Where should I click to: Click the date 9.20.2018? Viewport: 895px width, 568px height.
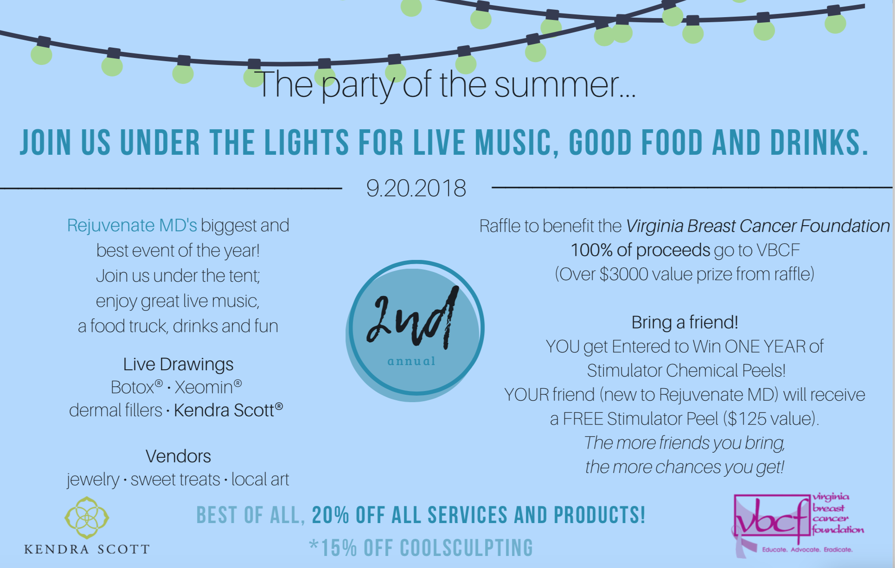click(416, 188)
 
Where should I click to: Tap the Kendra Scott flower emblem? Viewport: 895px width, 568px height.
click(87, 518)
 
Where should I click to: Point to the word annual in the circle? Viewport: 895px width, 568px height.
click(411, 361)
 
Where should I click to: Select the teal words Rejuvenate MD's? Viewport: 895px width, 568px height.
click(132, 225)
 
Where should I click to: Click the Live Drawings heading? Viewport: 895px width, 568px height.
click(178, 365)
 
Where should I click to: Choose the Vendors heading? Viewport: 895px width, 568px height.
click(178, 456)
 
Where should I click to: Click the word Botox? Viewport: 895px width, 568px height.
click(132, 387)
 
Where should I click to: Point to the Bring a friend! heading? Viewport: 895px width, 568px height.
click(684, 322)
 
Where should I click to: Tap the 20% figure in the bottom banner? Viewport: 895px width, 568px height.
click(331, 515)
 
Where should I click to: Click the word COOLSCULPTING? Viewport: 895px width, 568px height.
click(467, 548)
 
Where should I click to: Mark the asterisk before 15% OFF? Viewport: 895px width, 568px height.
click(314, 545)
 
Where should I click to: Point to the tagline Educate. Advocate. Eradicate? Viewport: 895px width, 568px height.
click(807, 549)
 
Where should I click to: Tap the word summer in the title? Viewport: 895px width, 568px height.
click(556, 85)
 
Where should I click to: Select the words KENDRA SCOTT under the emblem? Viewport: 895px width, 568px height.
click(87, 549)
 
